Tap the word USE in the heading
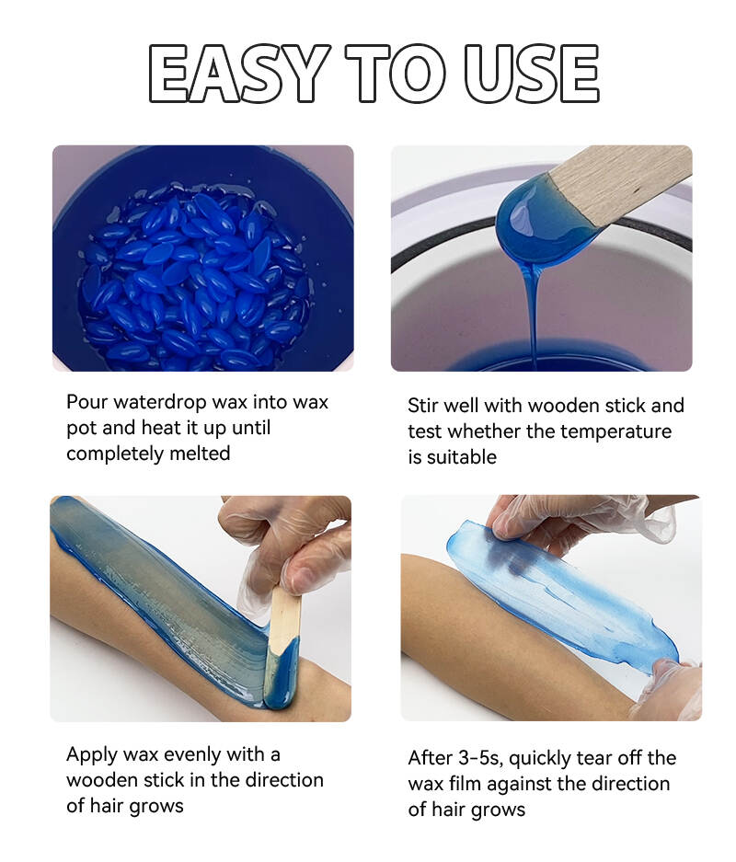coord(532,73)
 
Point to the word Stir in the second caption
coord(424,405)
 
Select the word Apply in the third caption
coord(92,755)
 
